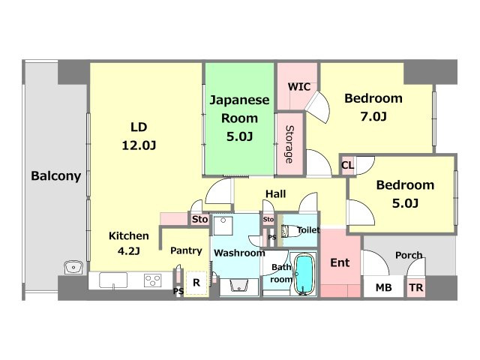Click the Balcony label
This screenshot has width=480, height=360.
(56, 176)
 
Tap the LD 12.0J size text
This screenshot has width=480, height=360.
(139, 145)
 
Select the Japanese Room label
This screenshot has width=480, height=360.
(239, 109)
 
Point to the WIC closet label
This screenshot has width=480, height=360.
(299, 87)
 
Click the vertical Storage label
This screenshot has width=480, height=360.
(289, 144)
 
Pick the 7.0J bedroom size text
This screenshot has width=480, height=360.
(373, 116)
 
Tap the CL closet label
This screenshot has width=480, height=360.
(347, 166)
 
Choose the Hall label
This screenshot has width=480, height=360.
(275, 193)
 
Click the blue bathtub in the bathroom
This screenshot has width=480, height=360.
(304, 274)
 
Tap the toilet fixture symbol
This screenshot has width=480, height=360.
(289, 231)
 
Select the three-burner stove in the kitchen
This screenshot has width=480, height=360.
(153, 280)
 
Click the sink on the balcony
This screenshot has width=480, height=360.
(73, 268)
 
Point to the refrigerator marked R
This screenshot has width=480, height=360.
(196, 283)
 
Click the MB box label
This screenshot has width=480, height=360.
(383, 288)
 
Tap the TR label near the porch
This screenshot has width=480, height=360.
(416, 288)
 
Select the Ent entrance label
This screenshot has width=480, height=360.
(340, 262)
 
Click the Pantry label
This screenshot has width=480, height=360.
(186, 250)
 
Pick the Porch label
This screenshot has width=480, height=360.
(409, 255)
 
